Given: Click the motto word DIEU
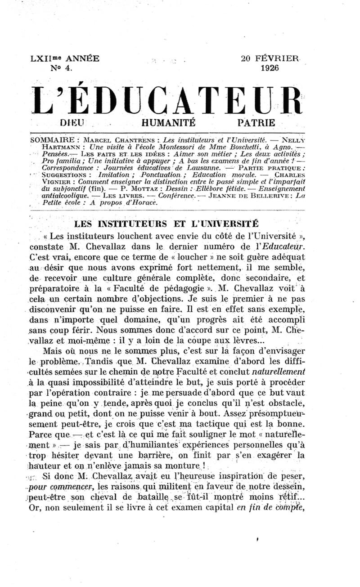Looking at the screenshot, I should (x=73, y=122).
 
